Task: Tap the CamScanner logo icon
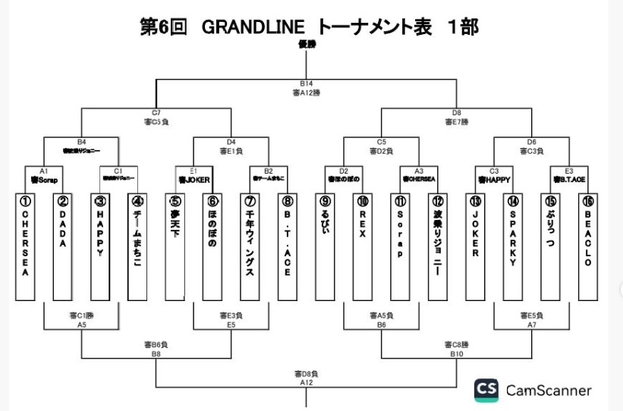coord(486,391)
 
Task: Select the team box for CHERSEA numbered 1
coord(25,246)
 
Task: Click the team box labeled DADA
coord(62,246)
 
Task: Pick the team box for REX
coord(363,246)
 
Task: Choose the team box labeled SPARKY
coord(513,246)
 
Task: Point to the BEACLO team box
coord(587,246)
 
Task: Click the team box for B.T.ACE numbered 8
coord(287,246)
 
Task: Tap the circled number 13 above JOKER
coord(475,202)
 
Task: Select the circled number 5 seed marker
coord(175,202)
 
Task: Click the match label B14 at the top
coord(307,83)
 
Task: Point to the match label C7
coord(156,112)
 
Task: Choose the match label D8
coord(457,112)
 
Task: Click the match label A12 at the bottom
coord(306,383)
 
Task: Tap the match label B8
coord(156,353)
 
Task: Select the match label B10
coord(457,353)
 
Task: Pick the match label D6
coord(531,142)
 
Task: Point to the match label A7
coord(531,323)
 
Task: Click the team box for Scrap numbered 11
coord(400,246)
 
